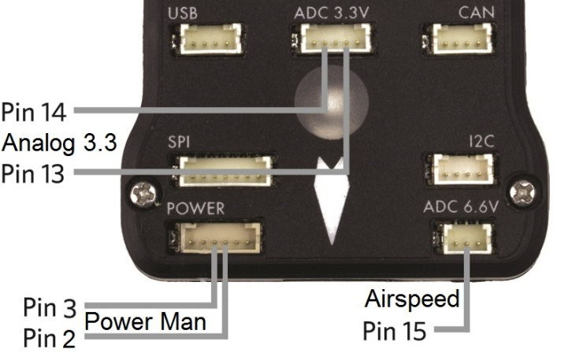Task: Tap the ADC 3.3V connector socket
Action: tap(332, 37)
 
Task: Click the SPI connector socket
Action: tap(225, 169)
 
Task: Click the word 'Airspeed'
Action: tap(411, 299)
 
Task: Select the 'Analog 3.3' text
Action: tap(59, 142)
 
